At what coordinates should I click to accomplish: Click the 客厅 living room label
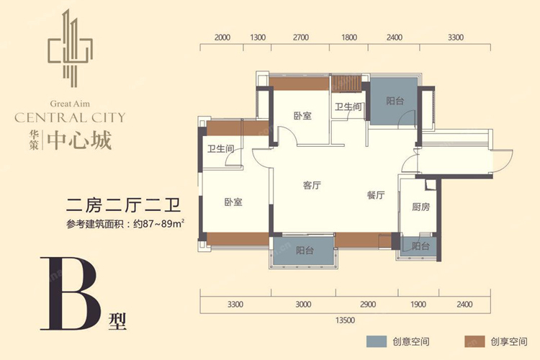[312, 185]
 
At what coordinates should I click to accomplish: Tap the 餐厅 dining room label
[376, 195]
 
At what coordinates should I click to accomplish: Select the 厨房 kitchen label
[421, 207]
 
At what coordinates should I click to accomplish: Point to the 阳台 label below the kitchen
[421, 246]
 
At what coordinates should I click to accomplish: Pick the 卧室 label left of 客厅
[233, 202]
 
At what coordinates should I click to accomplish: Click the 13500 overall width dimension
[345, 320]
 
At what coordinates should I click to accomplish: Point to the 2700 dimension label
[301, 37]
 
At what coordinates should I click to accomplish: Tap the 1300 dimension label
[258, 37]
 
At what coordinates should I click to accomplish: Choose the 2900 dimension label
[368, 305]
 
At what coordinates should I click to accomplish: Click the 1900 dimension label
[418, 305]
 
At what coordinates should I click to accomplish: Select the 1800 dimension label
[349, 37]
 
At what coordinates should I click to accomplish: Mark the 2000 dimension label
[222, 37]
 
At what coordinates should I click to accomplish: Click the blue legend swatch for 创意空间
[377, 341]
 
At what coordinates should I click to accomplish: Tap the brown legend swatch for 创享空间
[474, 341]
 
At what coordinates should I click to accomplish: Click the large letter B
[71, 294]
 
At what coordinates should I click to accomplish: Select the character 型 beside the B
[117, 321]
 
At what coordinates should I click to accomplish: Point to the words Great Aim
[70, 104]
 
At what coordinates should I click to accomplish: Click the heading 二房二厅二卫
[124, 205]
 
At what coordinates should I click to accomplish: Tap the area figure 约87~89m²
[158, 224]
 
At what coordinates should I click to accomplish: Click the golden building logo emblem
[71, 48]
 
